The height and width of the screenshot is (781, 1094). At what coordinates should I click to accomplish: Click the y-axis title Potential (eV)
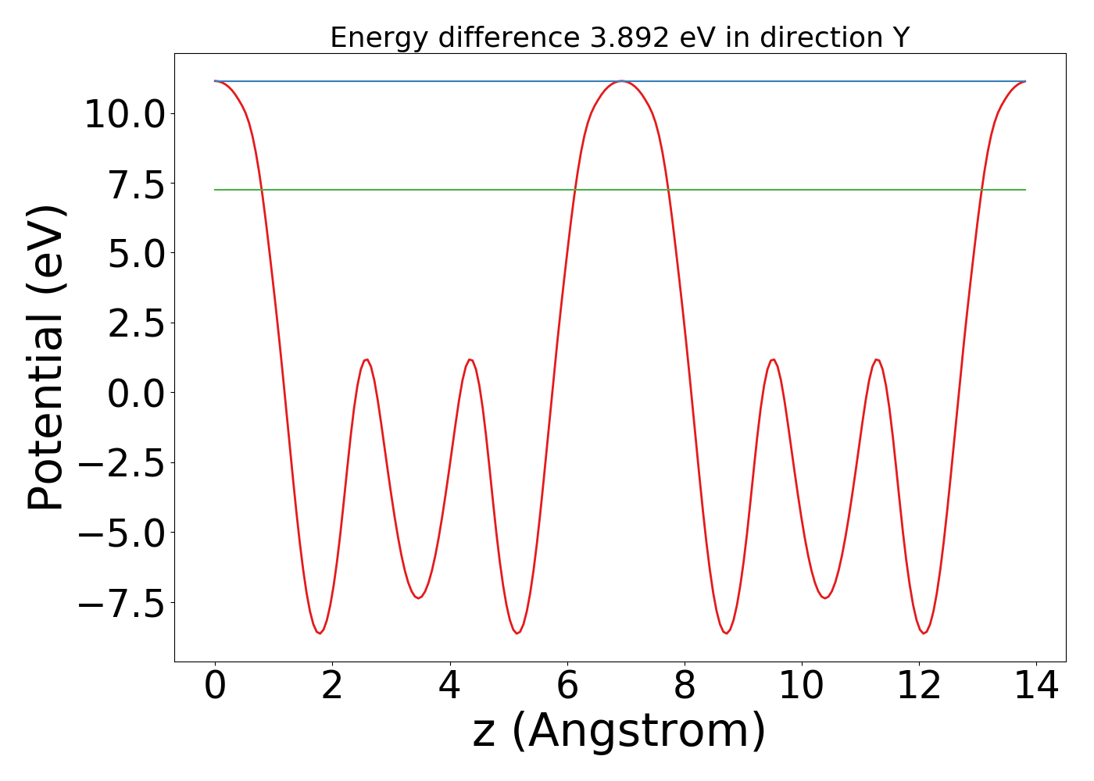click(46, 358)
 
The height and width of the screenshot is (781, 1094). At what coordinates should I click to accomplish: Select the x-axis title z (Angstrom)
click(619, 731)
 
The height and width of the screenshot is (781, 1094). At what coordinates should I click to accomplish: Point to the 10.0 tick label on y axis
click(124, 115)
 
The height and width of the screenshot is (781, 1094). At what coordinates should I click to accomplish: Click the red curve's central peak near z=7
click(620, 81)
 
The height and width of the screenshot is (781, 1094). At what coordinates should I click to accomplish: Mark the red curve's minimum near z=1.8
click(320, 633)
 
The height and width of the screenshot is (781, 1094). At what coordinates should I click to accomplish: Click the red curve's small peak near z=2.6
click(366, 360)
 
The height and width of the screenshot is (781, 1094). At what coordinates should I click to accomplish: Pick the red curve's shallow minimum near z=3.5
click(419, 597)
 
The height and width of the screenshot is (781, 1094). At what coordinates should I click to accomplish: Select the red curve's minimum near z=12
click(924, 633)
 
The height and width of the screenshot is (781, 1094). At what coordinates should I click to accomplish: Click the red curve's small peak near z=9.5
click(772, 360)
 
